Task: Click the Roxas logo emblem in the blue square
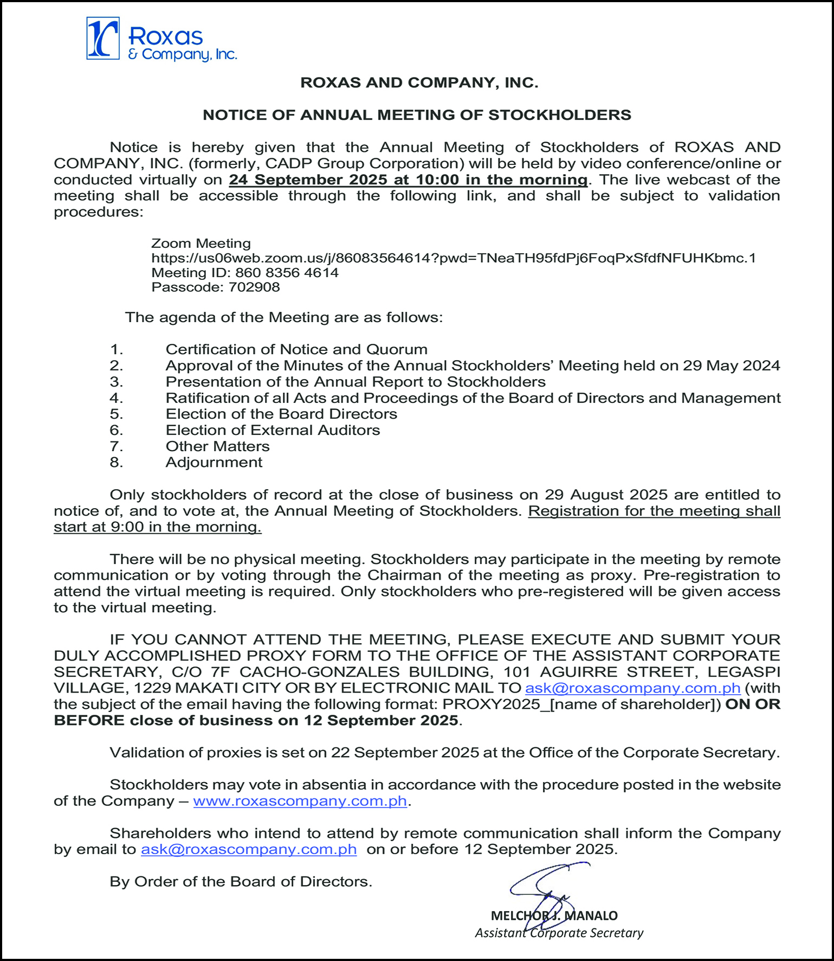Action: click(x=103, y=38)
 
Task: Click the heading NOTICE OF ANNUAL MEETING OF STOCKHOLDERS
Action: click(x=417, y=115)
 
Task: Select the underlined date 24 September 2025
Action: click(x=308, y=180)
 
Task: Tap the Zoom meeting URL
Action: click(x=453, y=258)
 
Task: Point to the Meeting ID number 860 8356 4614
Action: click(x=287, y=273)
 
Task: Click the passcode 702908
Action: click(x=254, y=287)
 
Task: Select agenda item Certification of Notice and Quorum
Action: click(x=296, y=349)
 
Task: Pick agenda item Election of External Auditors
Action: click(x=273, y=430)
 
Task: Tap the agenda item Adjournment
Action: click(x=214, y=463)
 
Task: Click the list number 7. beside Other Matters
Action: click(x=116, y=446)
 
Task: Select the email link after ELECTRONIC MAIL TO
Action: click(x=632, y=688)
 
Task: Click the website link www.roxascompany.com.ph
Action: click(x=300, y=801)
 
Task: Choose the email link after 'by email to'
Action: click(x=249, y=849)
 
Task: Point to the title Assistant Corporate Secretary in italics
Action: click(x=559, y=933)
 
